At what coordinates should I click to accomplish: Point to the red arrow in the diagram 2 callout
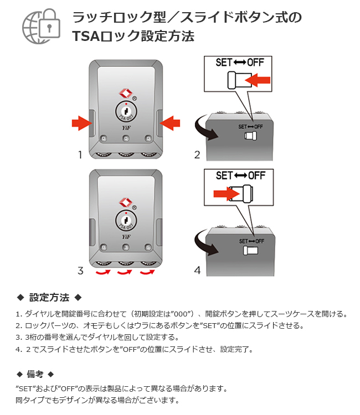pyautogui.click(x=256, y=81)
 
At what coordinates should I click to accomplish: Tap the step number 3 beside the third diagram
pyautogui.click(x=80, y=271)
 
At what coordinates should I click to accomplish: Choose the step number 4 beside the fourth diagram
pyautogui.click(x=197, y=271)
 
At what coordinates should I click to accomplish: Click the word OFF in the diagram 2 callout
pyautogui.click(x=255, y=63)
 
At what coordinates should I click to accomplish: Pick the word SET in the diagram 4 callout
pyautogui.click(x=224, y=175)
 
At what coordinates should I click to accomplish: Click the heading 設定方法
pyautogui.click(x=49, y=298)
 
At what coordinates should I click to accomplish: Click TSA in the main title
pyautogui.click(x=85, y=37)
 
